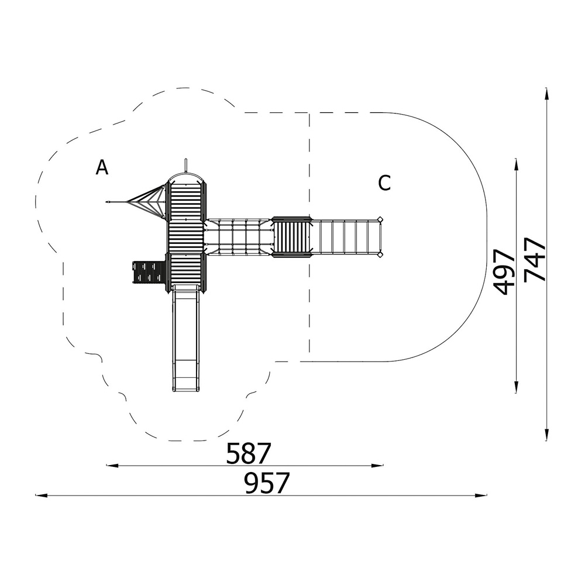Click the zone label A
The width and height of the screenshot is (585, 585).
(102, 167)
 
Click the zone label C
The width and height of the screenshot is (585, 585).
(384, 183)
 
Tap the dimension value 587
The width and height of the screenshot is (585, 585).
(248, 453)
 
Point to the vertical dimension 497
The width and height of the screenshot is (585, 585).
(504, 273)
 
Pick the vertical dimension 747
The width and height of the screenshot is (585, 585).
(535, 259)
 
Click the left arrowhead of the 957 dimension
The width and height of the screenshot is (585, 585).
(41, 495)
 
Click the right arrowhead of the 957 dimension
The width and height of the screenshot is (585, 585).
(481, 495)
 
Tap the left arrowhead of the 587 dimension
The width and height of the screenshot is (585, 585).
(112, 465)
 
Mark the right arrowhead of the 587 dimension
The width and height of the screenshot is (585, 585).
(377, 465)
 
